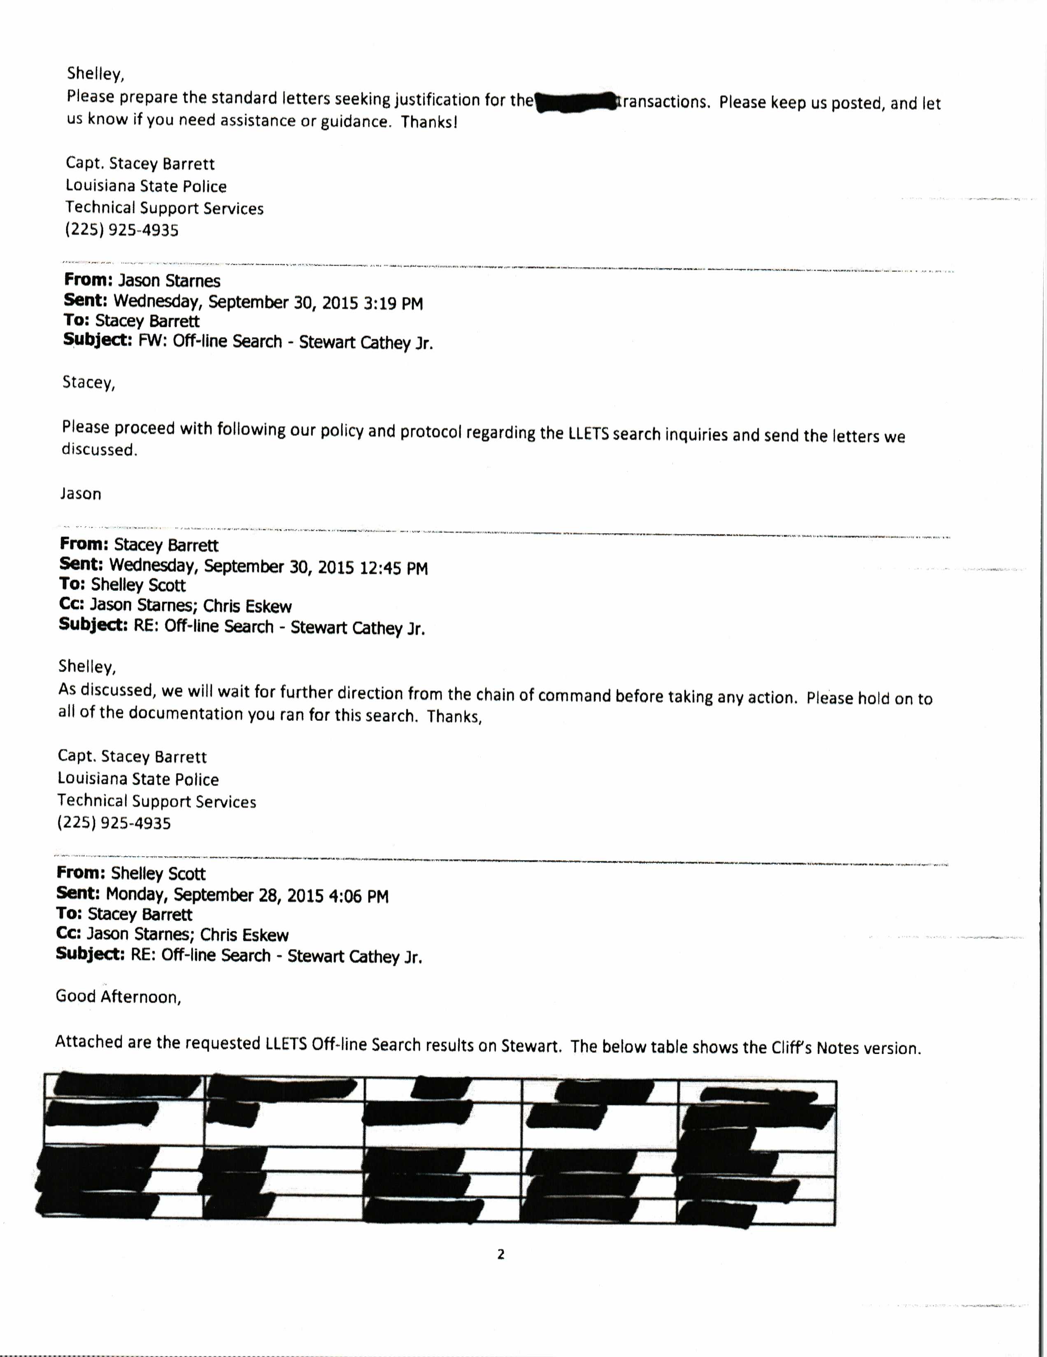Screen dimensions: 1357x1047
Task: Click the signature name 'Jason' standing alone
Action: pos(81,494)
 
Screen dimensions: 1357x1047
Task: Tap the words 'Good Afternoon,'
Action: pos(118,997)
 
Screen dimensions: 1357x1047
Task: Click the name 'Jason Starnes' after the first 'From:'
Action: pos(169,281)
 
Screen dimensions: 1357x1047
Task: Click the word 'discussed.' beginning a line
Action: pos(99,450)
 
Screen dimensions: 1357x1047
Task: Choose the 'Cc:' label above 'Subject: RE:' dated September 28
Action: pos(68,934)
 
